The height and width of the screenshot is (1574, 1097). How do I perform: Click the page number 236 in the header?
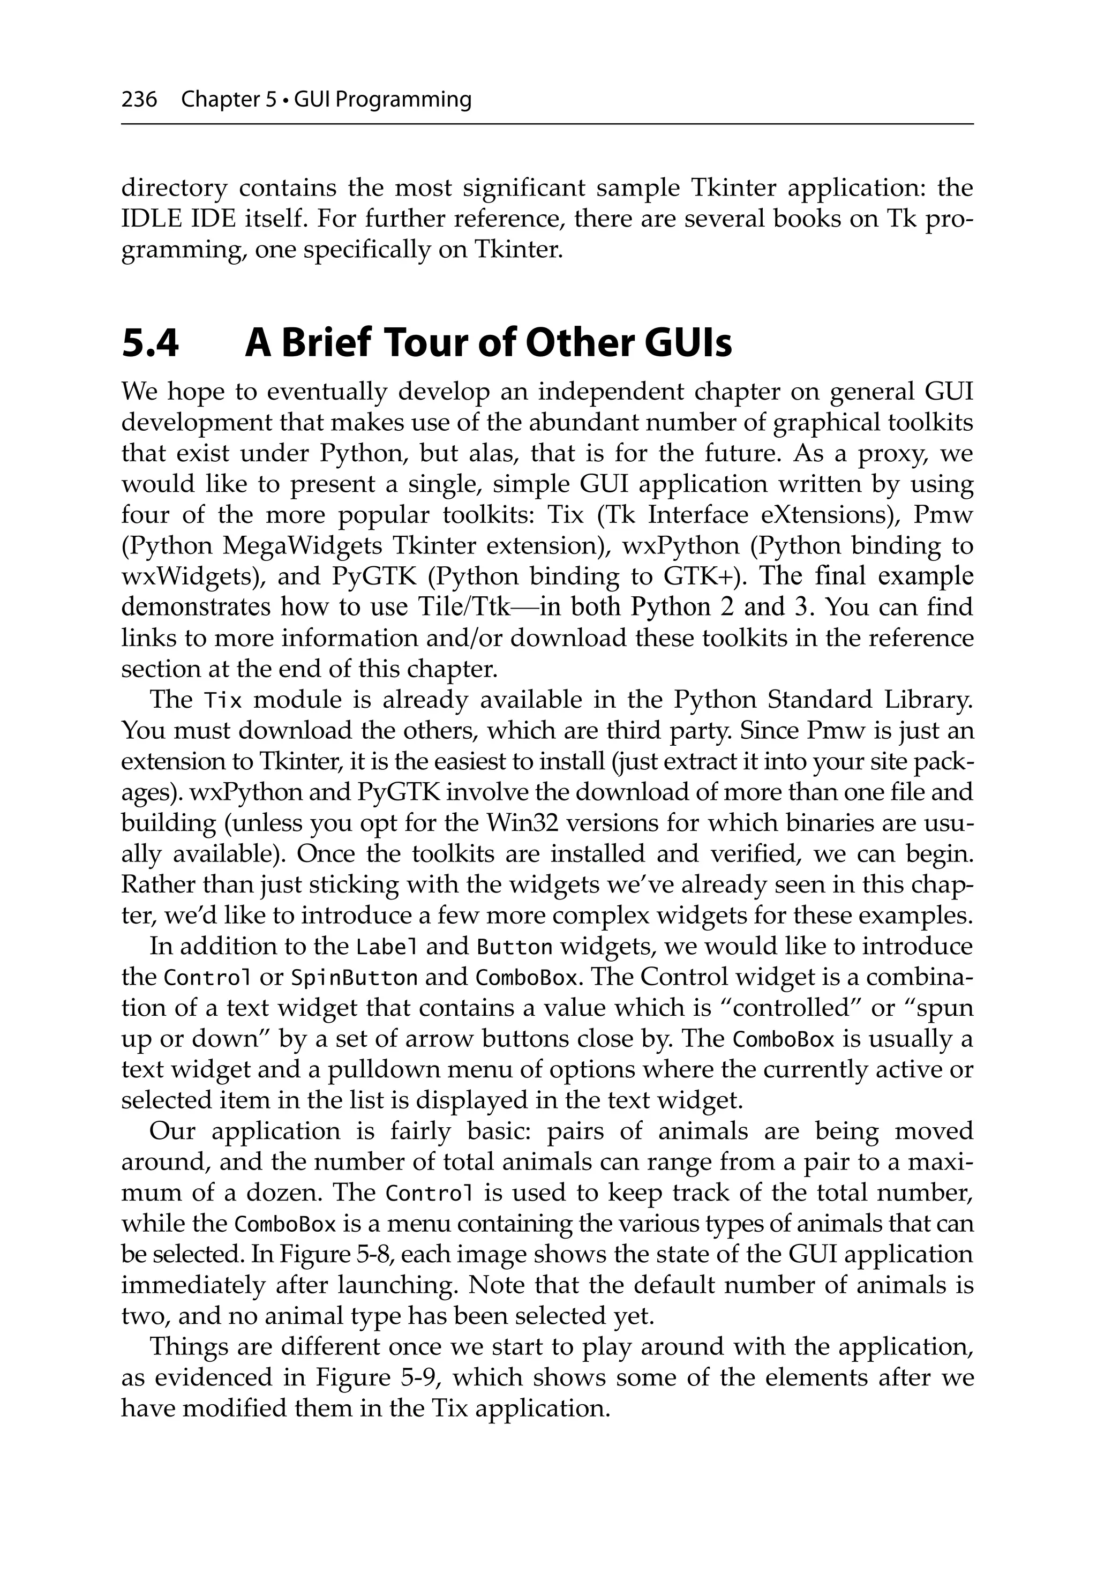coord(139,100)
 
